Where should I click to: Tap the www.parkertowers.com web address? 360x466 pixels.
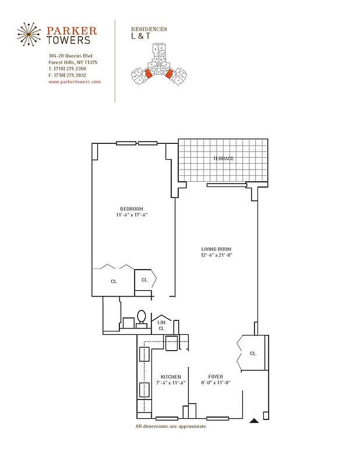click(75, 82)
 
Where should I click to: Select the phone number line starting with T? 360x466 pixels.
click(68, 69)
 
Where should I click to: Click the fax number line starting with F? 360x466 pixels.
click(68, 75)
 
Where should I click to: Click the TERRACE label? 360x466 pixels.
click(223, 158)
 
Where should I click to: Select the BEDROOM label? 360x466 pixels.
click(132, 209)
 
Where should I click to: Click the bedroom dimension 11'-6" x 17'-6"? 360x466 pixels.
click(132, 216)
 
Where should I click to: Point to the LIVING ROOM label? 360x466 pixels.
click(217, 249)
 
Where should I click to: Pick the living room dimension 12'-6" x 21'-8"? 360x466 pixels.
click(217, 255)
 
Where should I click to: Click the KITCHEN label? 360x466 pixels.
click(171, 377)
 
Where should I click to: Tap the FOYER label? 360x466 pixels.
click(216, 377)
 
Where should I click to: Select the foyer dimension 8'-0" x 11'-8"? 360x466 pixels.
click(216, 383)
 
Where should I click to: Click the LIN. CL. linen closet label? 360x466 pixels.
click(162, 325)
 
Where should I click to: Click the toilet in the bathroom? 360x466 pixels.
click(141, 317)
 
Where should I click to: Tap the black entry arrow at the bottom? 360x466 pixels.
click(253, 419)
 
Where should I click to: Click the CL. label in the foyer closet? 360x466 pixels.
click(253, 353)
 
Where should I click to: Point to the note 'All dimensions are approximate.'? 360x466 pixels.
click(171, 426)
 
